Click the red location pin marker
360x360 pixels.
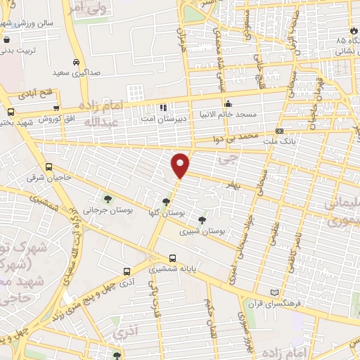click(181, 165)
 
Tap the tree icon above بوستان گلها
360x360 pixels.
click(166, 202)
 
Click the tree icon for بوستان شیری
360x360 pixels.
click(202, 220)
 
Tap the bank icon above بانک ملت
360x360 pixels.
click(280, 131)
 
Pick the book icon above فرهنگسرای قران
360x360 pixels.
click(274, 292)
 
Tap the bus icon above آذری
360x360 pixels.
click(127, 271)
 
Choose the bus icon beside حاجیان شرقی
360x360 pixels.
click(49, 167)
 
